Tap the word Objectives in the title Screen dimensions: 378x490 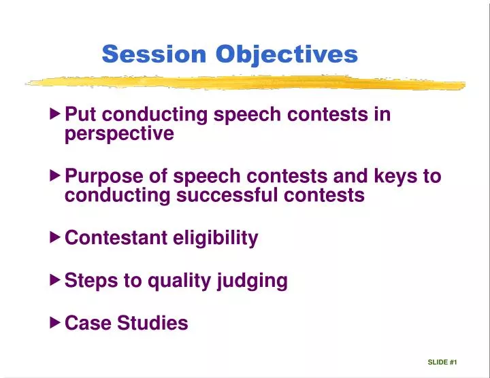(287, 54)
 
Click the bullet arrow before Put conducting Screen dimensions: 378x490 (56, 114)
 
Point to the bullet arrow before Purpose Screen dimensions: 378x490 (56, 176)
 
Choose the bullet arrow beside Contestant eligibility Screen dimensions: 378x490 (56, 238)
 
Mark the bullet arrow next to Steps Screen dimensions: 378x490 (56, 280)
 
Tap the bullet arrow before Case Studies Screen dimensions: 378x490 (56, 322)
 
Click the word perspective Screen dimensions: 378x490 (119, 135)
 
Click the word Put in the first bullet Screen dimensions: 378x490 (79, 114)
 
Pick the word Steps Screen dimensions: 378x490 (89, 281)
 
